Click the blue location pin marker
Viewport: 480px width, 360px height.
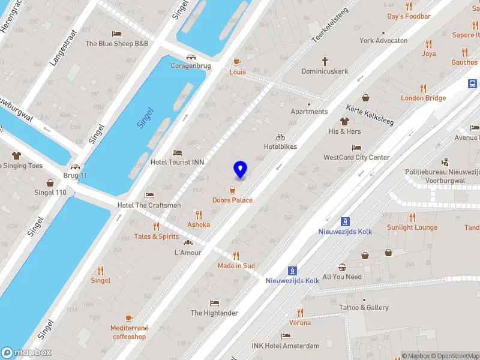click(241, 169)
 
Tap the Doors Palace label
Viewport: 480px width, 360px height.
click(232, 200)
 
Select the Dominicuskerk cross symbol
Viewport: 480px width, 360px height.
click(325, 61)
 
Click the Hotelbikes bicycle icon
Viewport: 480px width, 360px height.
click(280, 137)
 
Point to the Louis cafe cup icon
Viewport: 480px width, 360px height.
click(237, 62)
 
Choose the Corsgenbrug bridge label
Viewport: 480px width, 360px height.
click(191, 66)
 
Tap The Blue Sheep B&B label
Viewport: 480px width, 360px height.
click(116, 44)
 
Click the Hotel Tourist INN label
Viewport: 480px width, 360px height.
click(177, 162)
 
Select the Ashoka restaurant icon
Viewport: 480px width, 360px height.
click(199, 215)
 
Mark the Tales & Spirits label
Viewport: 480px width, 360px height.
click(156, 236)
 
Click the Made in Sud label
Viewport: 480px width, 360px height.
click(236, 266)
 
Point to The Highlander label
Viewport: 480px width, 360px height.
click(214, 313)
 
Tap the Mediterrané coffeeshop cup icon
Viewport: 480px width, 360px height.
click(129, 318)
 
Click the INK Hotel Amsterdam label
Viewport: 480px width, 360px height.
click(286, 346)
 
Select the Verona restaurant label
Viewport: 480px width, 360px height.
click(300, 323)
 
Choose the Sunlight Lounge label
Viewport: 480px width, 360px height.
click(412, 227)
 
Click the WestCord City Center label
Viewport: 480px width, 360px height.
click(356, 158)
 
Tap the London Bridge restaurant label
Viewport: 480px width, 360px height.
click(424, 98)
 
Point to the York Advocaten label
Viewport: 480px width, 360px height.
click(383, 41)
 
